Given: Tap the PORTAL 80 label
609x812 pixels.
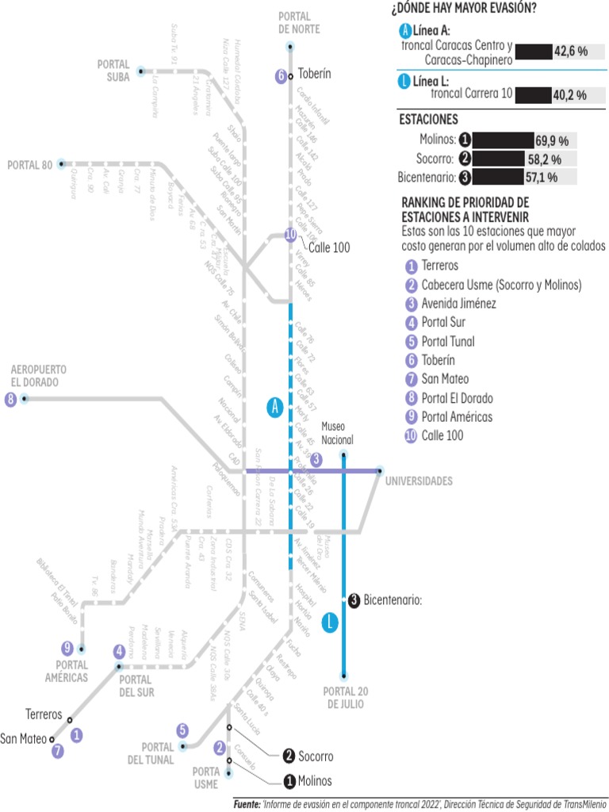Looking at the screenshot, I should pos(29,165).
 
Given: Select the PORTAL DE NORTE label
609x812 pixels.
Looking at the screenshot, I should pos(294,22).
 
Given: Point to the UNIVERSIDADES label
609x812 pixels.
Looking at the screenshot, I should pos(419,481).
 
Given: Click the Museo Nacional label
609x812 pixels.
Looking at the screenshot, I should pos(337,434).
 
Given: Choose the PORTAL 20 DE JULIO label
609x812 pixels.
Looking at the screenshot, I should pos(346,698).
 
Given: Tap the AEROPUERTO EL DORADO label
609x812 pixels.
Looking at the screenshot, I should pos(38,376).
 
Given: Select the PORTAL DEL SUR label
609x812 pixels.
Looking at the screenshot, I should pos(135,686).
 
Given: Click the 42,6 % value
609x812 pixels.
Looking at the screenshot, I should pos(570,52).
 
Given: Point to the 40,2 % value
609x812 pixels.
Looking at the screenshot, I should pos(569,95).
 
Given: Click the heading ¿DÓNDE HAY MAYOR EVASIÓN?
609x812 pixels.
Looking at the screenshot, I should pos(463,9).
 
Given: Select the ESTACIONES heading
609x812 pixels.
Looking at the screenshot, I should pos(428,120).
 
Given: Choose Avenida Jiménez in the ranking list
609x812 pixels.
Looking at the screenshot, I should pos(459,303).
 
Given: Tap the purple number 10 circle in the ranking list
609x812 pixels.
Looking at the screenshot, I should pos(411,435).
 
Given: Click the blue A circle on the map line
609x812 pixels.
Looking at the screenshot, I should pos(275,408).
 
